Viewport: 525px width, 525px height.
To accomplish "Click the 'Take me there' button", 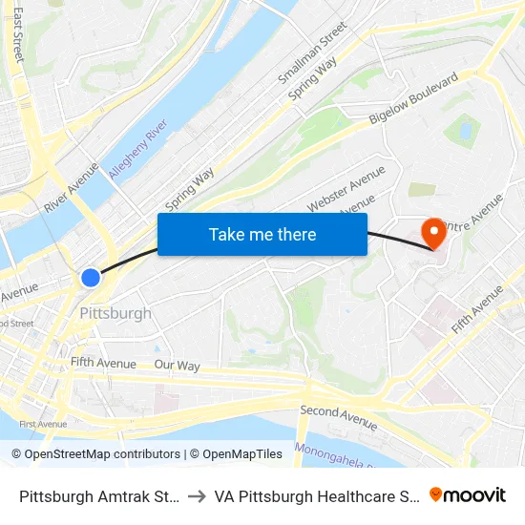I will (x=262, y=234).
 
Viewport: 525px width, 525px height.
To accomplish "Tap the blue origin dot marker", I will (x=91, y=278).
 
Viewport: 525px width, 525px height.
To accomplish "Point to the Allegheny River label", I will (x=138, y=151).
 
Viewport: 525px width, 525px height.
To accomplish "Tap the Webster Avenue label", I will (x=346, y=189).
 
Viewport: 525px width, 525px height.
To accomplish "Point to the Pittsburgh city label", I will (x=115, y=313).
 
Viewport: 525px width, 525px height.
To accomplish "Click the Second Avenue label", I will (x=338, y=417).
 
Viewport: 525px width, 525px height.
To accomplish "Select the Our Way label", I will (x=177, y=366).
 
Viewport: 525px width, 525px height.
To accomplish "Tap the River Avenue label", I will (x=72, y=187).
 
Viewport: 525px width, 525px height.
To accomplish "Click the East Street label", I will (x=17, y=36).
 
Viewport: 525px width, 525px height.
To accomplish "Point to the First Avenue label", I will (x=43, y=424).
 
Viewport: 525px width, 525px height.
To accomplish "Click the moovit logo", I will (x=468, y=495).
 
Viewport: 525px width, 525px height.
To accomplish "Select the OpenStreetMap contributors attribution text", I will (x=95, y=454).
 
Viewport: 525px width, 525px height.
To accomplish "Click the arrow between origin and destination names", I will (x=197, y=496).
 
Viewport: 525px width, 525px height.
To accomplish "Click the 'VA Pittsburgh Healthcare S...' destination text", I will (x=316, y=496).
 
